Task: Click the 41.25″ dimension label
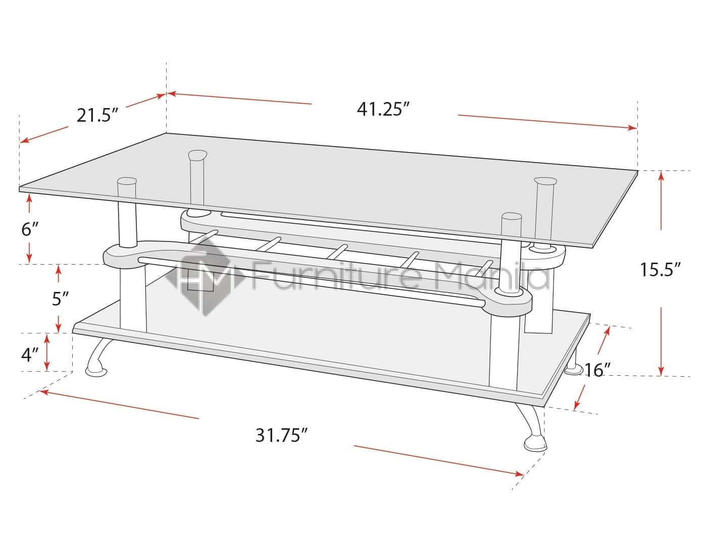click(x=382, y=109)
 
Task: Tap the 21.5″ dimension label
click(x=97, y=116)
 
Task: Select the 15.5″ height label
click(x=661, y=270)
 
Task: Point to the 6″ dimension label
click(x=29, y=230)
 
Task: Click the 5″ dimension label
click(x=60, y=299)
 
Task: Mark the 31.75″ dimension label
click(x=282, y=435)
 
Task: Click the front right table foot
click(x=535, y=443)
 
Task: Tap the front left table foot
click(x=96, y=372)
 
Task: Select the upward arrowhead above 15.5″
click(x=661, y=176)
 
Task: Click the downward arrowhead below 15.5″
click(x=661, y=372)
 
